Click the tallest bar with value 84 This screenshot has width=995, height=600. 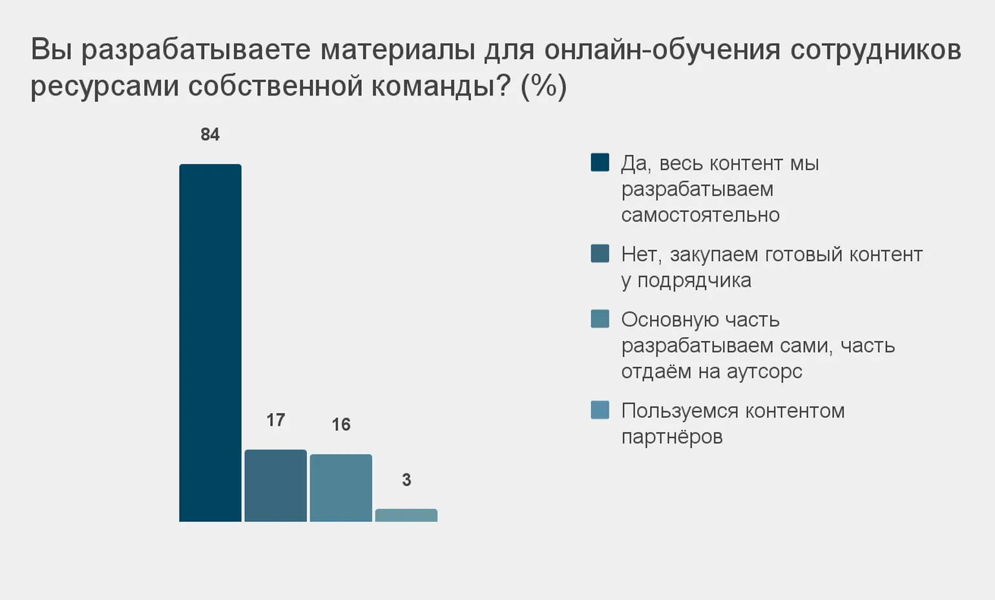pyautogui.click(x=210, y=342)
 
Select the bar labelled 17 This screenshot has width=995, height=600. pyautogui.click(x=275, y=485)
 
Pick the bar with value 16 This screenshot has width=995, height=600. pyautogui.click(x=340, y=488)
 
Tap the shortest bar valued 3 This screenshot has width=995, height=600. pyautogui.click(x=406, y=515)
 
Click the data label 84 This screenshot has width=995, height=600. pyautogui.click(x=210, y=134)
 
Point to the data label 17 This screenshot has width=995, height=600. pyautogui.click(x=275, y=420)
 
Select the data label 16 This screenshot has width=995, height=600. pyautogui.click(x=340, y=424)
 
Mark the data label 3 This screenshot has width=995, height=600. pyautogui.click(x=406, y=480)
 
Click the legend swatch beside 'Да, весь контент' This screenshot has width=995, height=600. pyautogui.click(x=600, y=162)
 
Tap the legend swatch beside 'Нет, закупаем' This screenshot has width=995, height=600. pyautogui.click(x=600, y=253)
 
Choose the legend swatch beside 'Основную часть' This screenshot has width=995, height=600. pyautogui.click(x=600, y=318)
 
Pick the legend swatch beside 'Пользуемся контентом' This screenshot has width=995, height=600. pyautogui.click(x=600, y=409)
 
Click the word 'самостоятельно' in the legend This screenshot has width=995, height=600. pyautogui.click(x=700, y=215)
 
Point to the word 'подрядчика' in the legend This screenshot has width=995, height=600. pyautogui.click(x=694, y=280)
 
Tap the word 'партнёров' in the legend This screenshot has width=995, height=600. pyautogui.click(x=672, y=437)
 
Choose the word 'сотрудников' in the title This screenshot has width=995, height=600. pyautogui.click(x=875, y=50)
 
